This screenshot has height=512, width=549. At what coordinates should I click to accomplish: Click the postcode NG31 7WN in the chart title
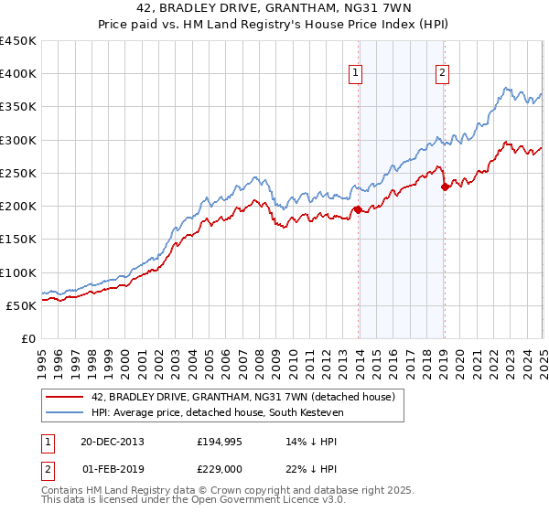click(x=385, y=9)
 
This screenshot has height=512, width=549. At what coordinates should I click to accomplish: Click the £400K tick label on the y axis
click(x=18, y=74)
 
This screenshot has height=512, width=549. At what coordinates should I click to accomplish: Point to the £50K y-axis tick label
click(x=22, y=305)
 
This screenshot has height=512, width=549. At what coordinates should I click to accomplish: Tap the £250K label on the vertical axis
click(x=18, y=173)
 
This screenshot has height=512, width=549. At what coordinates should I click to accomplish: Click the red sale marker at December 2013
click(x=357, y=209)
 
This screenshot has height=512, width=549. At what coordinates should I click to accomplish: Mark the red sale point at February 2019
click(x=445, y=187)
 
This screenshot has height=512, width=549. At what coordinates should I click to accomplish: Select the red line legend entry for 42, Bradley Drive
click(x=242, y=397)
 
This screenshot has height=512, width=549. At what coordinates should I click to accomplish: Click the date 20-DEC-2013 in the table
click(x=112, y=441)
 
